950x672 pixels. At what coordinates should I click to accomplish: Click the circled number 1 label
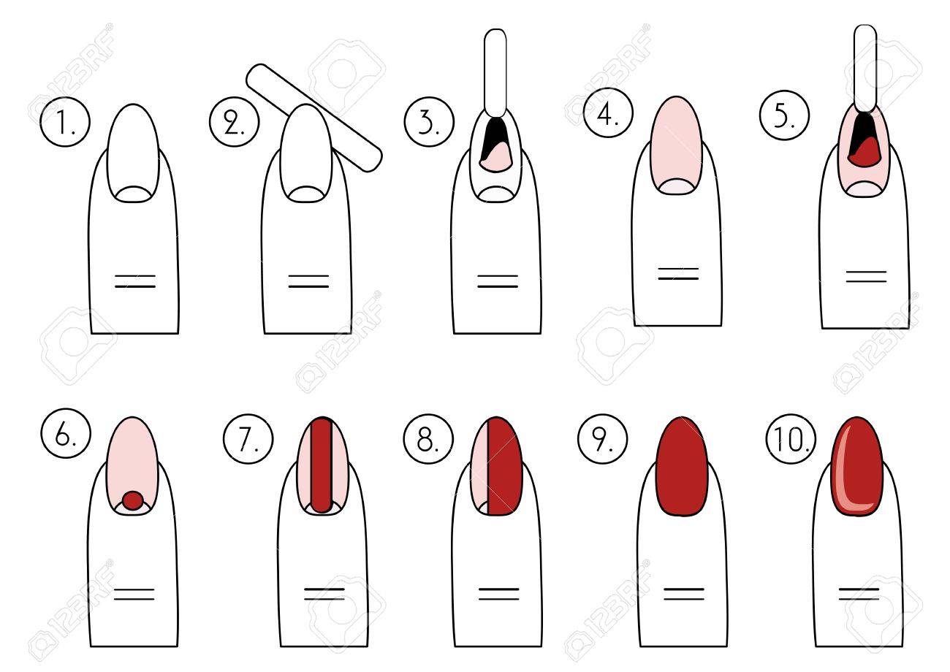tap(65, 122)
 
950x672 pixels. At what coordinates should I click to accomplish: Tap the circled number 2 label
tap(234, 122)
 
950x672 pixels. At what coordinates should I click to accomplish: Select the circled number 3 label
tap(429, 122)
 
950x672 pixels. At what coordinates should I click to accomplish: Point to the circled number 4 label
tap(608, 112)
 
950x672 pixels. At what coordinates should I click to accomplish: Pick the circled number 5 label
tap(785, 115)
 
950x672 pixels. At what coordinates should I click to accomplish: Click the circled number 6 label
tap(66, 433)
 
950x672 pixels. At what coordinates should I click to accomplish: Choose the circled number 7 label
tap(248, 439)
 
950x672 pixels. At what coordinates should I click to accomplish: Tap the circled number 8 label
tap(428, 439)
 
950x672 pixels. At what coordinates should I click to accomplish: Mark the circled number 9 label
tap(603, 439)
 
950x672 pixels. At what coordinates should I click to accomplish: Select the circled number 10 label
tap(791, 439)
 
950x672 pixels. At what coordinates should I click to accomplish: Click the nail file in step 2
tap(314, 118)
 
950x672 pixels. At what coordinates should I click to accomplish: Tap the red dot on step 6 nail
tap(133, 500)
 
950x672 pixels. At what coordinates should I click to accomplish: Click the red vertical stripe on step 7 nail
tap(321, 465)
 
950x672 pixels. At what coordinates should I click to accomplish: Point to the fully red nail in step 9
tap(682, 466)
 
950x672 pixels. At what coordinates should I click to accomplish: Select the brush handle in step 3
tap(495, 73)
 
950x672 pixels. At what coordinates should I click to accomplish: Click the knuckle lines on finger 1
tap(135, 281)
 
